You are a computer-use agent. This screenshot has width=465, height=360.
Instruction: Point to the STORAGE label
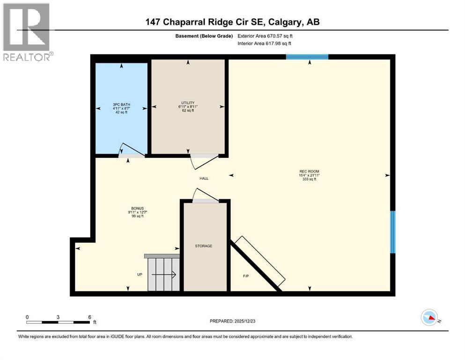[204, 246]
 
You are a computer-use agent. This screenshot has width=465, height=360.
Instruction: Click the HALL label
[204, 179]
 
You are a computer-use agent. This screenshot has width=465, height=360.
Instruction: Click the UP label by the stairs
[140, 275]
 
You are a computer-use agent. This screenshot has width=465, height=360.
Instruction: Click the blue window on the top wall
[307, 57]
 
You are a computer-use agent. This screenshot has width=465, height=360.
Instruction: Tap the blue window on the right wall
[393, 232]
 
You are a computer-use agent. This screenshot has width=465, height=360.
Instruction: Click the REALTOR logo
[27, 32]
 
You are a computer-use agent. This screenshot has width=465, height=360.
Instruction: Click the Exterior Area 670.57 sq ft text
[266, 36]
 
